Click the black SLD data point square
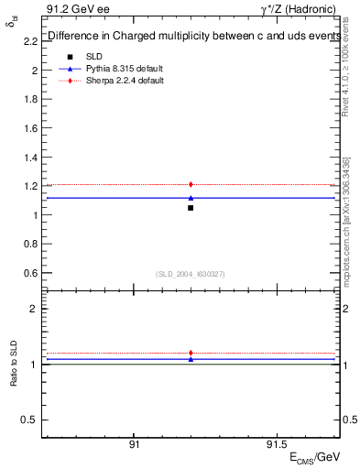pos(191,208)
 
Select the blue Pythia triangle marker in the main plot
pos(191,198)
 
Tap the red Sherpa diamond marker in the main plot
pos(191,185)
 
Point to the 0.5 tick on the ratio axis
pos(30,420)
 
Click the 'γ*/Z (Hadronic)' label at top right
pos(300,9)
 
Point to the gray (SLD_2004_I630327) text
pos(191,274)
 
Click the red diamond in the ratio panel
pos(191,353)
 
